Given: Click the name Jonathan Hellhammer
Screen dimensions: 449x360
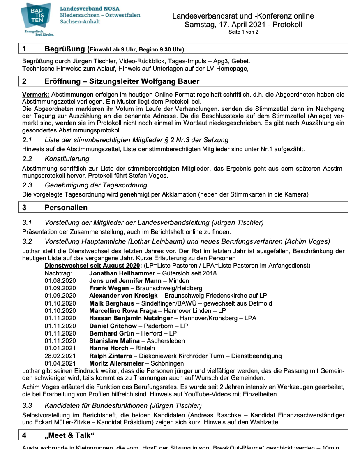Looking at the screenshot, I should point(121,273).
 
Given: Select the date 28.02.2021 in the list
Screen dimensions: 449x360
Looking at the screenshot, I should point(60,356).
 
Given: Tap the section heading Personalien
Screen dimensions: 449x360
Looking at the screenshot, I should point(66,208).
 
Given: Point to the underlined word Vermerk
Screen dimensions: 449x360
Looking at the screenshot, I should point(36,95).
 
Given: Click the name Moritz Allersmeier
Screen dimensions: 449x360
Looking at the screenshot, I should point(116,363).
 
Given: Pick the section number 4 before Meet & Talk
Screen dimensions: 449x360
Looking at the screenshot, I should point(25,435).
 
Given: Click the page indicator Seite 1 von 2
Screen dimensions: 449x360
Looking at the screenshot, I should point(243,32).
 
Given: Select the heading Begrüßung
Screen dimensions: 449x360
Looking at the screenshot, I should point(65,49).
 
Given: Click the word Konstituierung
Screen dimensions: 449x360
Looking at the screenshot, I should point(67,159).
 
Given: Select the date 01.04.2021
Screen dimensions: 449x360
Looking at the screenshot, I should point(60,363).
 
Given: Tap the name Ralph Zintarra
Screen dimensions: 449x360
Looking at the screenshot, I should point(111,356).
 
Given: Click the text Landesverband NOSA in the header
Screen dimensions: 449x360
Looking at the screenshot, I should point(92,9).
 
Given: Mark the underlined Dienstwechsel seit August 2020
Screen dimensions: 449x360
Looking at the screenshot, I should point(92,266).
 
